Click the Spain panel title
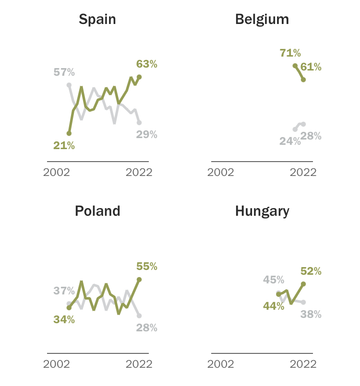point(97,19)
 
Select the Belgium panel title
point(262,19)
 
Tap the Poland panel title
point(97,211)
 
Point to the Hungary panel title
point(262,211)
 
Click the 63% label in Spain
point(147,64)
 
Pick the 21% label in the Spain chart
point(64,146)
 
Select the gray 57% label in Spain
point(64,72)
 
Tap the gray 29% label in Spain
point(147,134)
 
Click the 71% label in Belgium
point(290,53)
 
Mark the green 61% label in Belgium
point(311,67)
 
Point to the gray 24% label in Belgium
point(290,141)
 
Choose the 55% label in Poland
point(147,266)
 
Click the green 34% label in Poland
point(64,319)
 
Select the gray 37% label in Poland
point(64,291)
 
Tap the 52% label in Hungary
point(311,271)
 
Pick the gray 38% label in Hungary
point(311,315)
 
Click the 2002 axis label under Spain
point(57,173)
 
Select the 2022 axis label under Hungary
point(303,364)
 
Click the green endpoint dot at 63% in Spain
point(139,77)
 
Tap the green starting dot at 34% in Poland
point(69,308)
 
